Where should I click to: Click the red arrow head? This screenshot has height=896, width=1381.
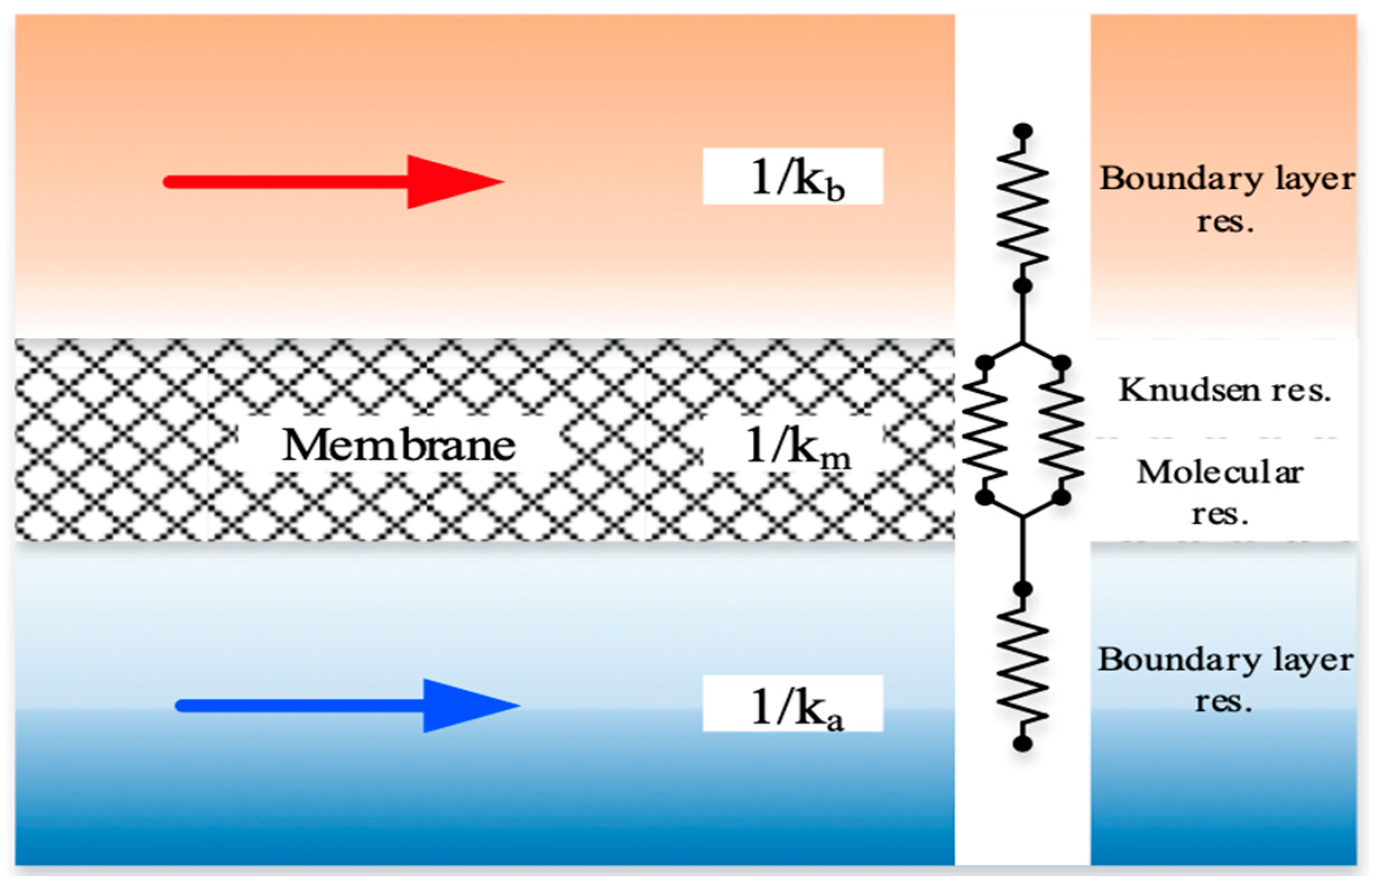point(450,182)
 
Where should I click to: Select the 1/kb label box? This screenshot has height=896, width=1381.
point(793,177)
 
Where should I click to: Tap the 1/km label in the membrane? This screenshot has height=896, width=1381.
point(795,447)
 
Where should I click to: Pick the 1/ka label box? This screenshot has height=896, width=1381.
point(793,703)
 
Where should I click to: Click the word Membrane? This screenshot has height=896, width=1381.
point(399,445)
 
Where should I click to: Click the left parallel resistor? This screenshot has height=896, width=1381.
point(985,429)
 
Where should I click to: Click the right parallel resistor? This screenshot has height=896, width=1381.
point(1061,429)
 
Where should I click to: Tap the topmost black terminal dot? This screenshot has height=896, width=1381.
point(1022,131)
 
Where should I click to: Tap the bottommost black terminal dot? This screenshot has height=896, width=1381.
point(1022,743)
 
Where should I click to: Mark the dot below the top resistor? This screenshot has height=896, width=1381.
point(1022,286)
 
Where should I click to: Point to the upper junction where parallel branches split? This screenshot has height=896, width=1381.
point(1022,343)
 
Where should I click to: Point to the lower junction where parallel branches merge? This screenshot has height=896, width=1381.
point(1022,516)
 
